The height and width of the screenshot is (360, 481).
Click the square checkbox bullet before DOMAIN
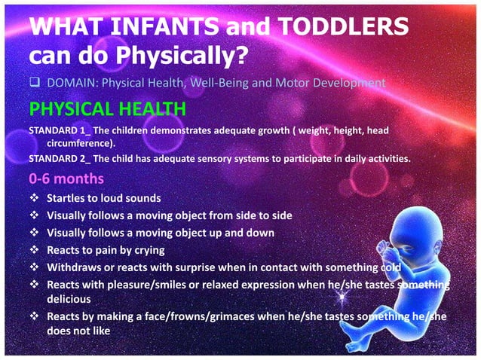pyautogui.click(x=35, y=82)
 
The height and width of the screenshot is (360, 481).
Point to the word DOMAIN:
pyautogui.click(x=70, y=82)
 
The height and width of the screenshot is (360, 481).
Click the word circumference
pyautogui.click(x=80, y=142)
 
